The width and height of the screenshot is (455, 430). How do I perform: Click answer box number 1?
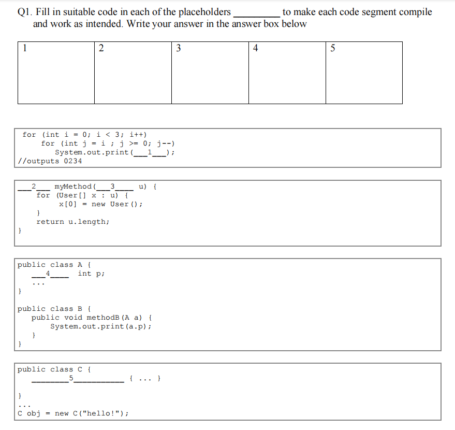click(x=56, y=73)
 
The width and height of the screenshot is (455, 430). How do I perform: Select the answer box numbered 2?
click(x=133, y=73)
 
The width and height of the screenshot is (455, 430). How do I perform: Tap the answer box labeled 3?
click(x=210, y=73)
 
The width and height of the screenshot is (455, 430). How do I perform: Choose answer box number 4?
click(x=287, y=73)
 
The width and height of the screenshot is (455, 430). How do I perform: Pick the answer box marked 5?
click(x=364, y=73)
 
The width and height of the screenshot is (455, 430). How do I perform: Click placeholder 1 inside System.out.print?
click(x=150, y=152)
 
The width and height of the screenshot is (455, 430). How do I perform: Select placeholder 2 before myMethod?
click(x=34, y=187)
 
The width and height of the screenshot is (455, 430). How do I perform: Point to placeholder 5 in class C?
click(x=78, y=379)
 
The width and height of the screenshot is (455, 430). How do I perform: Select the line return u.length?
click(x=73, y=222)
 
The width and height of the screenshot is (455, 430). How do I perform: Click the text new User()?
click(x=117, y=204)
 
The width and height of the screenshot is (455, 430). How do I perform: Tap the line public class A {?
click(x=54, y=265)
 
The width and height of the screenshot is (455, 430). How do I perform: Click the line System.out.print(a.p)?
click(x=101, y=326)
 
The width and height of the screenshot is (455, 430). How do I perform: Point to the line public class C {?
click(x=54, y=369)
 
